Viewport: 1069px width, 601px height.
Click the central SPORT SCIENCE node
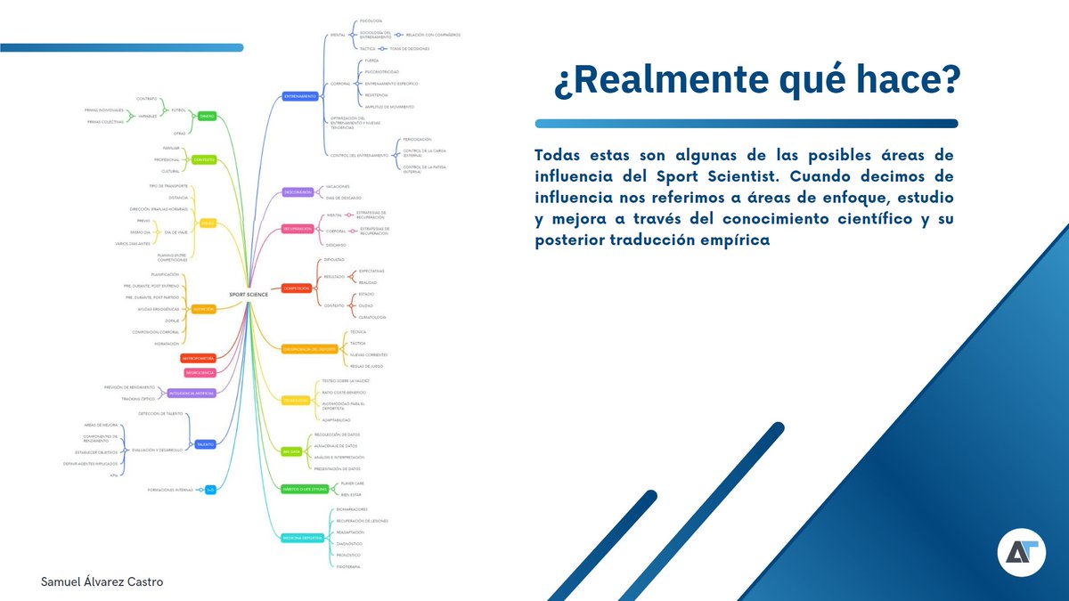click(249, 295)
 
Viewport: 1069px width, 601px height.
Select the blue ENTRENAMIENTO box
click(300, 95)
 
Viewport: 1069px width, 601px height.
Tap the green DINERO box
click(207, 116)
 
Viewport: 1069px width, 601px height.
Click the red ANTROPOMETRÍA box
click(199, 358)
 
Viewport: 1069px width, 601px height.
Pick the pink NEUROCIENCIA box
click(199, 372)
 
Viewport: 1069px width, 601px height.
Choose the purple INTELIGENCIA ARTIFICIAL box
click(192, 393)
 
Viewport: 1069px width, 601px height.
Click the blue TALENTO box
click(205, 443)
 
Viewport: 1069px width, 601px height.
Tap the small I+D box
click(210, 490)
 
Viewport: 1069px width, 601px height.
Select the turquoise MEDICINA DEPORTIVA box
click(302, 537)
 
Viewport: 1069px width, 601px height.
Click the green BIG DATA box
click(291, 451)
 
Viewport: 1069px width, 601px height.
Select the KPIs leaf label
click(113, 475)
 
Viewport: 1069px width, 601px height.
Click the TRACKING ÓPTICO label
click(138, 399)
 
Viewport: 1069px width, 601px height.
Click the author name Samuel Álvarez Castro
click(102, 581)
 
